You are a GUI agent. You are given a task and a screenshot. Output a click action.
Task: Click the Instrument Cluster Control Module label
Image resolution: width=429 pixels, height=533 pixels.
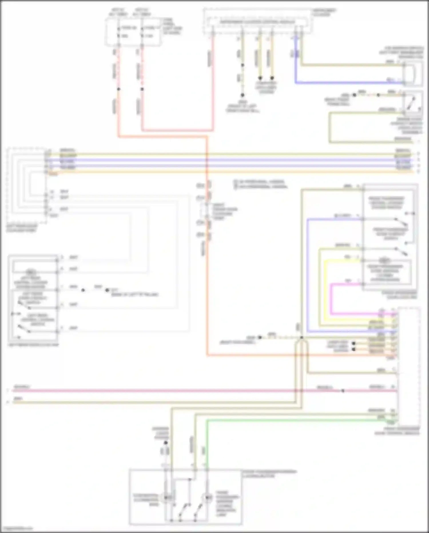[x=257, y=22]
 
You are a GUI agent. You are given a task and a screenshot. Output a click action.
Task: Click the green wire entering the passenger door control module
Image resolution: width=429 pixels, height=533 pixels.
[x=286, y=420]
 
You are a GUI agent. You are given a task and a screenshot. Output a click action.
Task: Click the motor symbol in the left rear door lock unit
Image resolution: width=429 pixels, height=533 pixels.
[x=30, y=272]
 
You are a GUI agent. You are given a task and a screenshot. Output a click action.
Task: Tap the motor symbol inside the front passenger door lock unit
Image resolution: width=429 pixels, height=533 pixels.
[x=384, y=260]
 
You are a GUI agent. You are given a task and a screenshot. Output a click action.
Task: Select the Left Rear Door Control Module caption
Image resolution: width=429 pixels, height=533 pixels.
[x=22, y=228]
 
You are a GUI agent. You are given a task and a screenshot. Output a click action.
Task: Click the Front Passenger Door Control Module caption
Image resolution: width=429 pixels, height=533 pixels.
[x=398, y=431]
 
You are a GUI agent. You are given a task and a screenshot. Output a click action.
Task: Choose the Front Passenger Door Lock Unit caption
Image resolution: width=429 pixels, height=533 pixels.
[x=399, y=295]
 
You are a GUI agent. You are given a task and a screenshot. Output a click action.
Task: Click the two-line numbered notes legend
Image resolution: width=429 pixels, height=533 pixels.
[x=260, y=184]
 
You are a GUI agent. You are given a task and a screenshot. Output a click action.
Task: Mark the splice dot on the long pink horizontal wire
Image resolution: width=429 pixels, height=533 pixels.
[x=343, y=391]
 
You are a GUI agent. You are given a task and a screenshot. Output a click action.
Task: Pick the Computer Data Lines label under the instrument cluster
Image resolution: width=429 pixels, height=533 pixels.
[x=266, y=87]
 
